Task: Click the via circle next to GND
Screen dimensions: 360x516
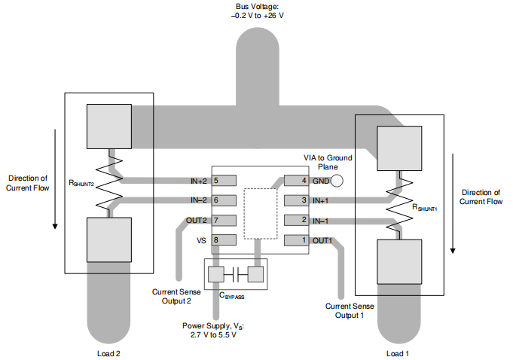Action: click(337, 181)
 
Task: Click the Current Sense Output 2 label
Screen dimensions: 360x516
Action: click(177, 296)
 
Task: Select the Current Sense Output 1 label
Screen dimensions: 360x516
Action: click(350, 310)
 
